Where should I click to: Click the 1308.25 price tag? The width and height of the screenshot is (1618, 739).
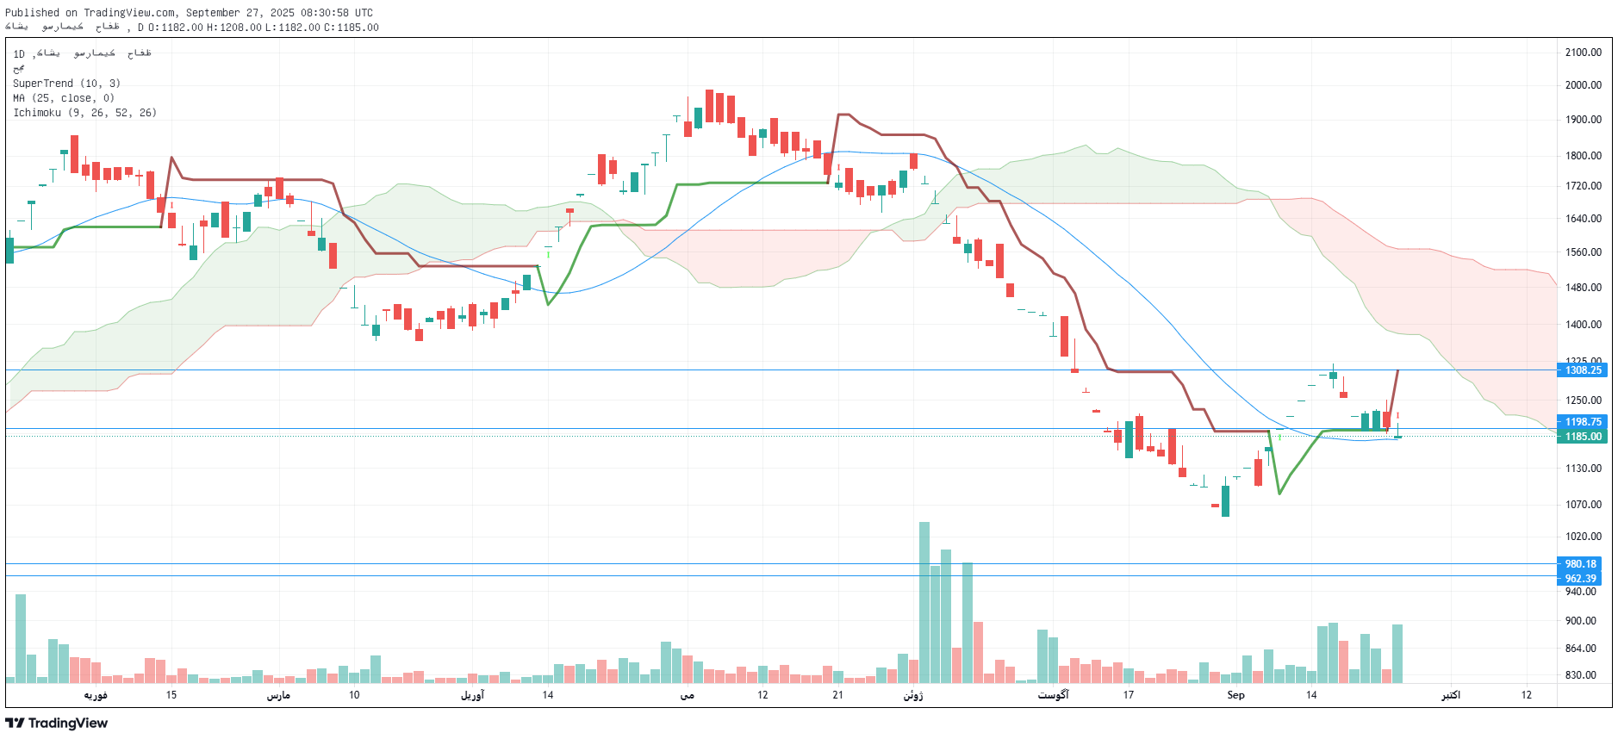click(x=1583, y=370)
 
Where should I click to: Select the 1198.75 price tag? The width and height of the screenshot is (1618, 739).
click(x=1583, y=422)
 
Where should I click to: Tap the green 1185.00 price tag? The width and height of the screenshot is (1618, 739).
click(x=1583, y=437)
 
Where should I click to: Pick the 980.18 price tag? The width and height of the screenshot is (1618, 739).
click(x=1580, y=564)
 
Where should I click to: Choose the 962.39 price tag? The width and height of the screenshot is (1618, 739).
click(x=1580, y=579)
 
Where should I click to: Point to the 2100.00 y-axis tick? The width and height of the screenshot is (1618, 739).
click(x=1584, y=53)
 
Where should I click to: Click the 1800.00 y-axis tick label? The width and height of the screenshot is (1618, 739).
click(x=1584, y=156)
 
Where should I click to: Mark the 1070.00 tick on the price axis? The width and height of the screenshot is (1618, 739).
click(x=1584, y=505)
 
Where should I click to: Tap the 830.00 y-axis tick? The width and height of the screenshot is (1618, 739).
click(x=1580, y=675)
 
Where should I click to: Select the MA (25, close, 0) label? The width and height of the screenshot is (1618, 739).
click(x=64, y=98)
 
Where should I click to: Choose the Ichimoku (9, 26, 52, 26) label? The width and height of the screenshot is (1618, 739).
click(x=84, y=113)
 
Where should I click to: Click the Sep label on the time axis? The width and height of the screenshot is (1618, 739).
click(x=1235, y=695)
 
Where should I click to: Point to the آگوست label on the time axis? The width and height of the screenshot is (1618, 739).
click(x=1053, y=695)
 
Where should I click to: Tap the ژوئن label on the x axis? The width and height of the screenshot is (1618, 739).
click(x=913, y=695)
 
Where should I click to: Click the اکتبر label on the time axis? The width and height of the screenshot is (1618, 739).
click(x=1451, y=695)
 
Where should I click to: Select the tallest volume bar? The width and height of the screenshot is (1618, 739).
click(x=924, y=603)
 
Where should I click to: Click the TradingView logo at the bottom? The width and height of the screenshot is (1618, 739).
click(x=57, y=723)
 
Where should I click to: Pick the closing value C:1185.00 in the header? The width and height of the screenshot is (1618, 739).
click(x=352, y=28)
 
